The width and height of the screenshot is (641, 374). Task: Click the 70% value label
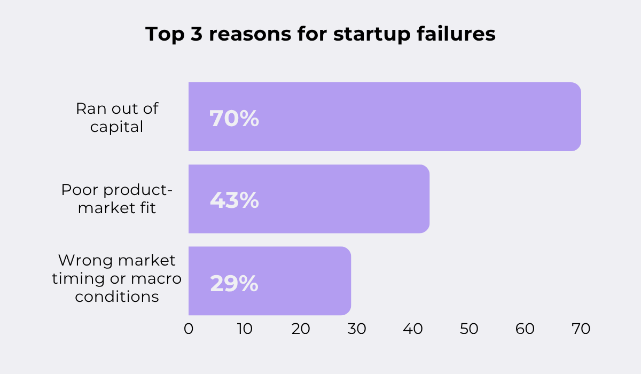point(234,119)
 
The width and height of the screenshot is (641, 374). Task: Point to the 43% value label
point(234,200)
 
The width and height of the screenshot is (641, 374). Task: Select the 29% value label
point(234,283)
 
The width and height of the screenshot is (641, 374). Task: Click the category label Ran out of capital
point(117,118)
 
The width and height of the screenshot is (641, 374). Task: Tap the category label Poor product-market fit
point(117,199)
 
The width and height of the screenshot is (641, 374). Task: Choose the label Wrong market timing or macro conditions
point(117,278)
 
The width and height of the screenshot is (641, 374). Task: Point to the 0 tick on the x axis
point(189,329)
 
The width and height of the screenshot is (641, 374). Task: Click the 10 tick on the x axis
point(245,329)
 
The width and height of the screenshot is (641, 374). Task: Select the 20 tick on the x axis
point(301,329)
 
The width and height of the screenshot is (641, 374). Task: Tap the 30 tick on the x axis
point(357,329)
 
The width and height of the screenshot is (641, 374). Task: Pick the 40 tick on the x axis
point(413,329)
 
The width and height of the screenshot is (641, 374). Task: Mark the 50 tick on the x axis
point(469,329)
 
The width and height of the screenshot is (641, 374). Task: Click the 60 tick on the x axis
point(525,329)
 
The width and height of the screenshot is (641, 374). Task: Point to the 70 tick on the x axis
point(581,329)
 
